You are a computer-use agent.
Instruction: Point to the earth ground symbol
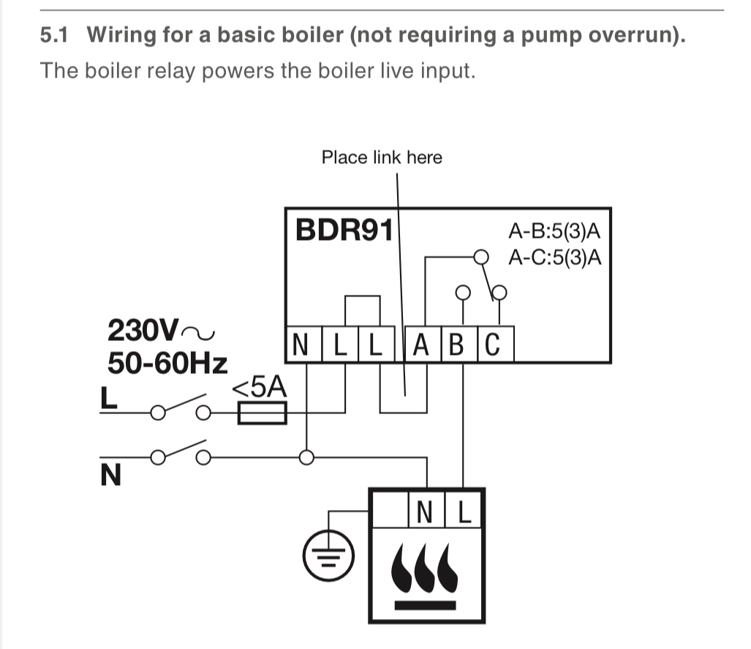328,556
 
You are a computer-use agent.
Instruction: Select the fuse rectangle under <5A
261,416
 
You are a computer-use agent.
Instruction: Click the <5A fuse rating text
260,389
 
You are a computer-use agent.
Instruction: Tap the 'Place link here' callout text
382,157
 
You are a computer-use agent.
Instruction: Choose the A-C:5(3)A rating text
554,258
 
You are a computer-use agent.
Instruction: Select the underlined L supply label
107,398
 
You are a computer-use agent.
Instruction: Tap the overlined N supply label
110,476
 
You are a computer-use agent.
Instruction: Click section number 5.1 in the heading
55,35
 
